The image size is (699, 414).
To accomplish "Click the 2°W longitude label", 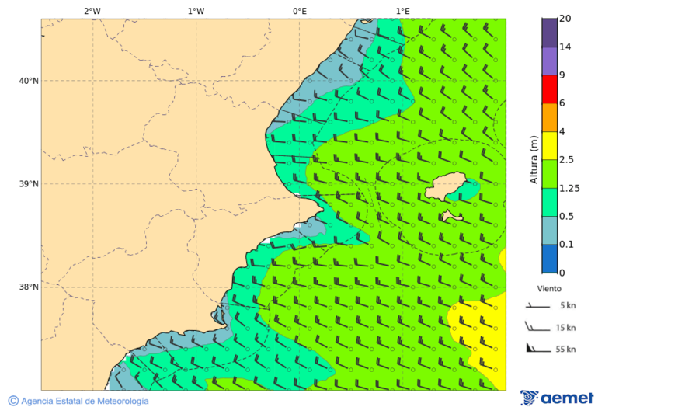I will [x=92, y=11].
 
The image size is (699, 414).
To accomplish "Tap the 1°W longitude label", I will [x=196, y=11].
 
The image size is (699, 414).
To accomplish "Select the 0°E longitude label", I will [x=299, y=11].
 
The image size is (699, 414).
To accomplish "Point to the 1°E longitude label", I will [x=402, y=11].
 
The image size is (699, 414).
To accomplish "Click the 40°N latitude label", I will [x=28, y=81].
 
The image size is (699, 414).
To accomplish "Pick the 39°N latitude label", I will [x=28, y=184].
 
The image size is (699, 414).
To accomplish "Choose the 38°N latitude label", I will [x=28, y=287].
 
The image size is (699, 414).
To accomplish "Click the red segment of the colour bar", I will [x=549, y=89].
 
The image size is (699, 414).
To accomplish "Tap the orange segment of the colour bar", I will [x=549, y=117].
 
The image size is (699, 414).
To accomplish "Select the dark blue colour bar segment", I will [x=549, y=259].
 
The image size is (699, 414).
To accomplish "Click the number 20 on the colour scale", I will [x=565, y=19].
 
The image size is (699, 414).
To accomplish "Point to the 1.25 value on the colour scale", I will [x=569, y=188].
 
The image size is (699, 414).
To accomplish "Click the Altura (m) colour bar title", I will [x=534, y=160].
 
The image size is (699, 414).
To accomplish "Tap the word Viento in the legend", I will [x=549, y=288].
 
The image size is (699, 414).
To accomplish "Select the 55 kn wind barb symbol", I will [x=535, y=347].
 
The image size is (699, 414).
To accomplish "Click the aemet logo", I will [x=557, y=398].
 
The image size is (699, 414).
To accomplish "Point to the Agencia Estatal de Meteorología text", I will [x=85, y=401].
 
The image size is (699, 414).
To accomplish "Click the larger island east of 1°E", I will [x=447, y=186].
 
